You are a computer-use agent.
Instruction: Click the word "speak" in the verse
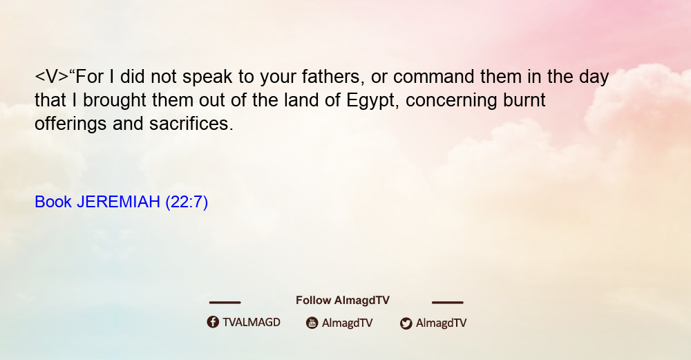[207, 77]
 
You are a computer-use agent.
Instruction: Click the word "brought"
[115, 101]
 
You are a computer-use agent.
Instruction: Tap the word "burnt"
[524, 100]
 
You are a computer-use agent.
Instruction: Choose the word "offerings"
[70, 124]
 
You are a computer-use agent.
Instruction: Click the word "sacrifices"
[191, 124]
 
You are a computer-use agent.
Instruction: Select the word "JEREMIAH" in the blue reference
[118, 202]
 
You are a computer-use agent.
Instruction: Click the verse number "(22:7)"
[187, 202]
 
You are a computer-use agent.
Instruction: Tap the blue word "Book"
[53, 202]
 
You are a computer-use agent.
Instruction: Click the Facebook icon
[213, 322]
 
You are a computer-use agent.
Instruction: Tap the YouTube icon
[312, 323]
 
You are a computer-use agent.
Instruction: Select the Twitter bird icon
[406, 323]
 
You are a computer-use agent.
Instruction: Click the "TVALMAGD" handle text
[252, 322]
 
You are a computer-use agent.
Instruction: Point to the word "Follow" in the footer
[313, 300]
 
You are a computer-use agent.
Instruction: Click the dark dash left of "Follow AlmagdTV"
[225, 302]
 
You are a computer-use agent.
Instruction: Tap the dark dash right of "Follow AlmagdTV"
[448, 302]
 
